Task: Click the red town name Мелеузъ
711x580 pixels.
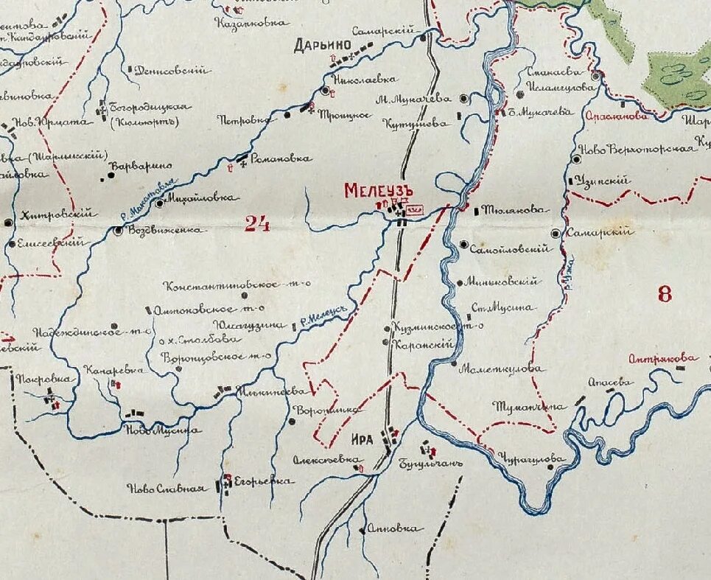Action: pos(376,191)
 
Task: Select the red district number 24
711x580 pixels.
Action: pos(257,224)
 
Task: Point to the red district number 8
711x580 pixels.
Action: pos(665,295)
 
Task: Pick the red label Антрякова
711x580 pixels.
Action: pos(662,359)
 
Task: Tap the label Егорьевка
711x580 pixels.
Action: pos(263,482)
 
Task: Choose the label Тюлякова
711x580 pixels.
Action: pos(517,210)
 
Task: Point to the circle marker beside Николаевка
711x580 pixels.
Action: pos(326,91)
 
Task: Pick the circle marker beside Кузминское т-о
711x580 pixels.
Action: pos(388,328)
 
